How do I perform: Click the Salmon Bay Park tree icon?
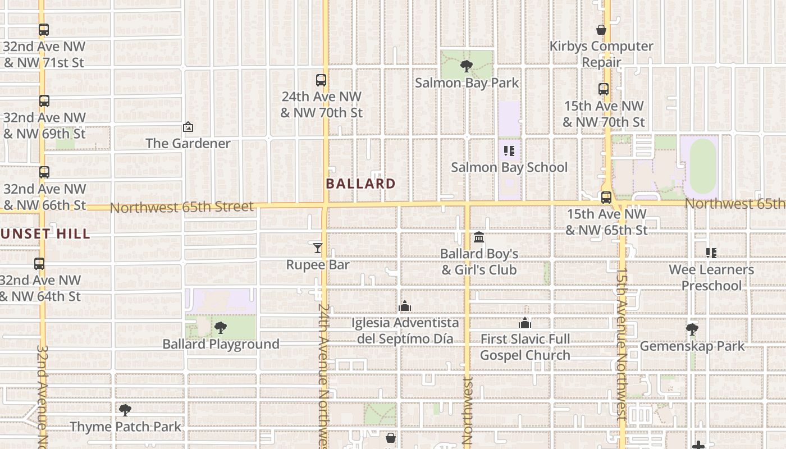pos(466,67)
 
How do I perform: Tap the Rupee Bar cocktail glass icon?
pos(318,248)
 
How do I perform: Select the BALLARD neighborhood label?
pos(360,184)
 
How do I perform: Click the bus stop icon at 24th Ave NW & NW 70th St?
pos(321,80)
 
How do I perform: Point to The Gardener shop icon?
pos(188,127)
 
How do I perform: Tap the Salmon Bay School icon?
pos(509,151)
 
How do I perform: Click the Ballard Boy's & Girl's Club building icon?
pos(479,237)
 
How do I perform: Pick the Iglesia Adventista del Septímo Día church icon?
pos(404,306)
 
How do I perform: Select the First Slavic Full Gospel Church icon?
pos(525,323)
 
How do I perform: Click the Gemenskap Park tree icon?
pos(692,329)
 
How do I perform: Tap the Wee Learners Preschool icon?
pos(711,253)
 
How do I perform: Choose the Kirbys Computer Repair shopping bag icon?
pos(601,30)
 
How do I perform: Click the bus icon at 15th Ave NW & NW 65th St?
pos(606,198)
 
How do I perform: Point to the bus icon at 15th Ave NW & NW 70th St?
pos(604,89)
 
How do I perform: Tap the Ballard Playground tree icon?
pos(221,328)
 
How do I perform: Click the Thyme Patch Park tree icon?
pos(125,410)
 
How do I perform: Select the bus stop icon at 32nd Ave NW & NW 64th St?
pos(39,264)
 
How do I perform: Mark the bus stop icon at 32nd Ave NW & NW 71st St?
pos(44,30)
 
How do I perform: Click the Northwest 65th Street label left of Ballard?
pos(182,207)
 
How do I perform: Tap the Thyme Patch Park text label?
pos(126,427)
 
